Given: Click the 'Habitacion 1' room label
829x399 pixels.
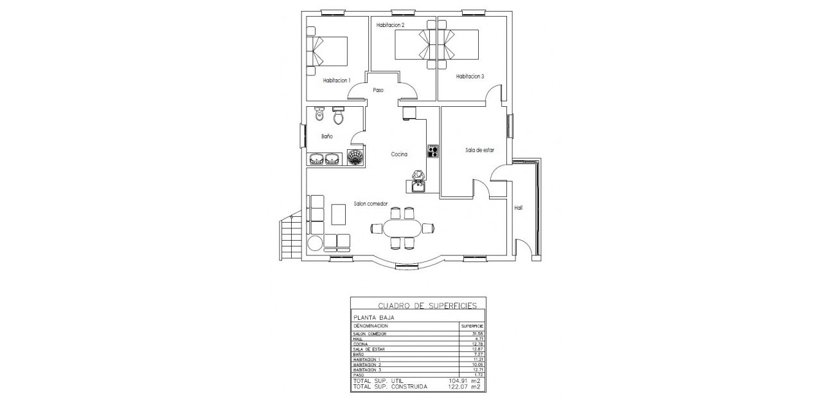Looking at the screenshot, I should pos(336,80).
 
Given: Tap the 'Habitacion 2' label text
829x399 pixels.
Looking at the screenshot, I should pos(390,25).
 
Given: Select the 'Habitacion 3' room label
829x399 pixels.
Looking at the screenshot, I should pos(470,76).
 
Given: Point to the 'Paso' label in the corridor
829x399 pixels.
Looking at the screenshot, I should pos(378,91).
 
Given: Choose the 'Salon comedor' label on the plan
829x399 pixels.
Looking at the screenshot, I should pos(371,203).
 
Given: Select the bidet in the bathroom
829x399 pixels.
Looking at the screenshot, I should pos(319,115).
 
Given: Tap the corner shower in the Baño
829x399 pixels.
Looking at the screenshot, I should pos(355,157).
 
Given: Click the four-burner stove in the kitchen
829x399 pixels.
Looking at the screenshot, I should pos(433,151).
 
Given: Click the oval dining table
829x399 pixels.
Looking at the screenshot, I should pos(402,228).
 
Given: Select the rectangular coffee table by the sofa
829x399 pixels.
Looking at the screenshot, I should pos(338,214).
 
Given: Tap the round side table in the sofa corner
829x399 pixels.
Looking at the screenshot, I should pos(314,243).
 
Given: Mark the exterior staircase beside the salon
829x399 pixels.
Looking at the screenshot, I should pos(290,237).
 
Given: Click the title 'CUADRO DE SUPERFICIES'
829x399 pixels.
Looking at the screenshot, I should pos(418,306).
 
